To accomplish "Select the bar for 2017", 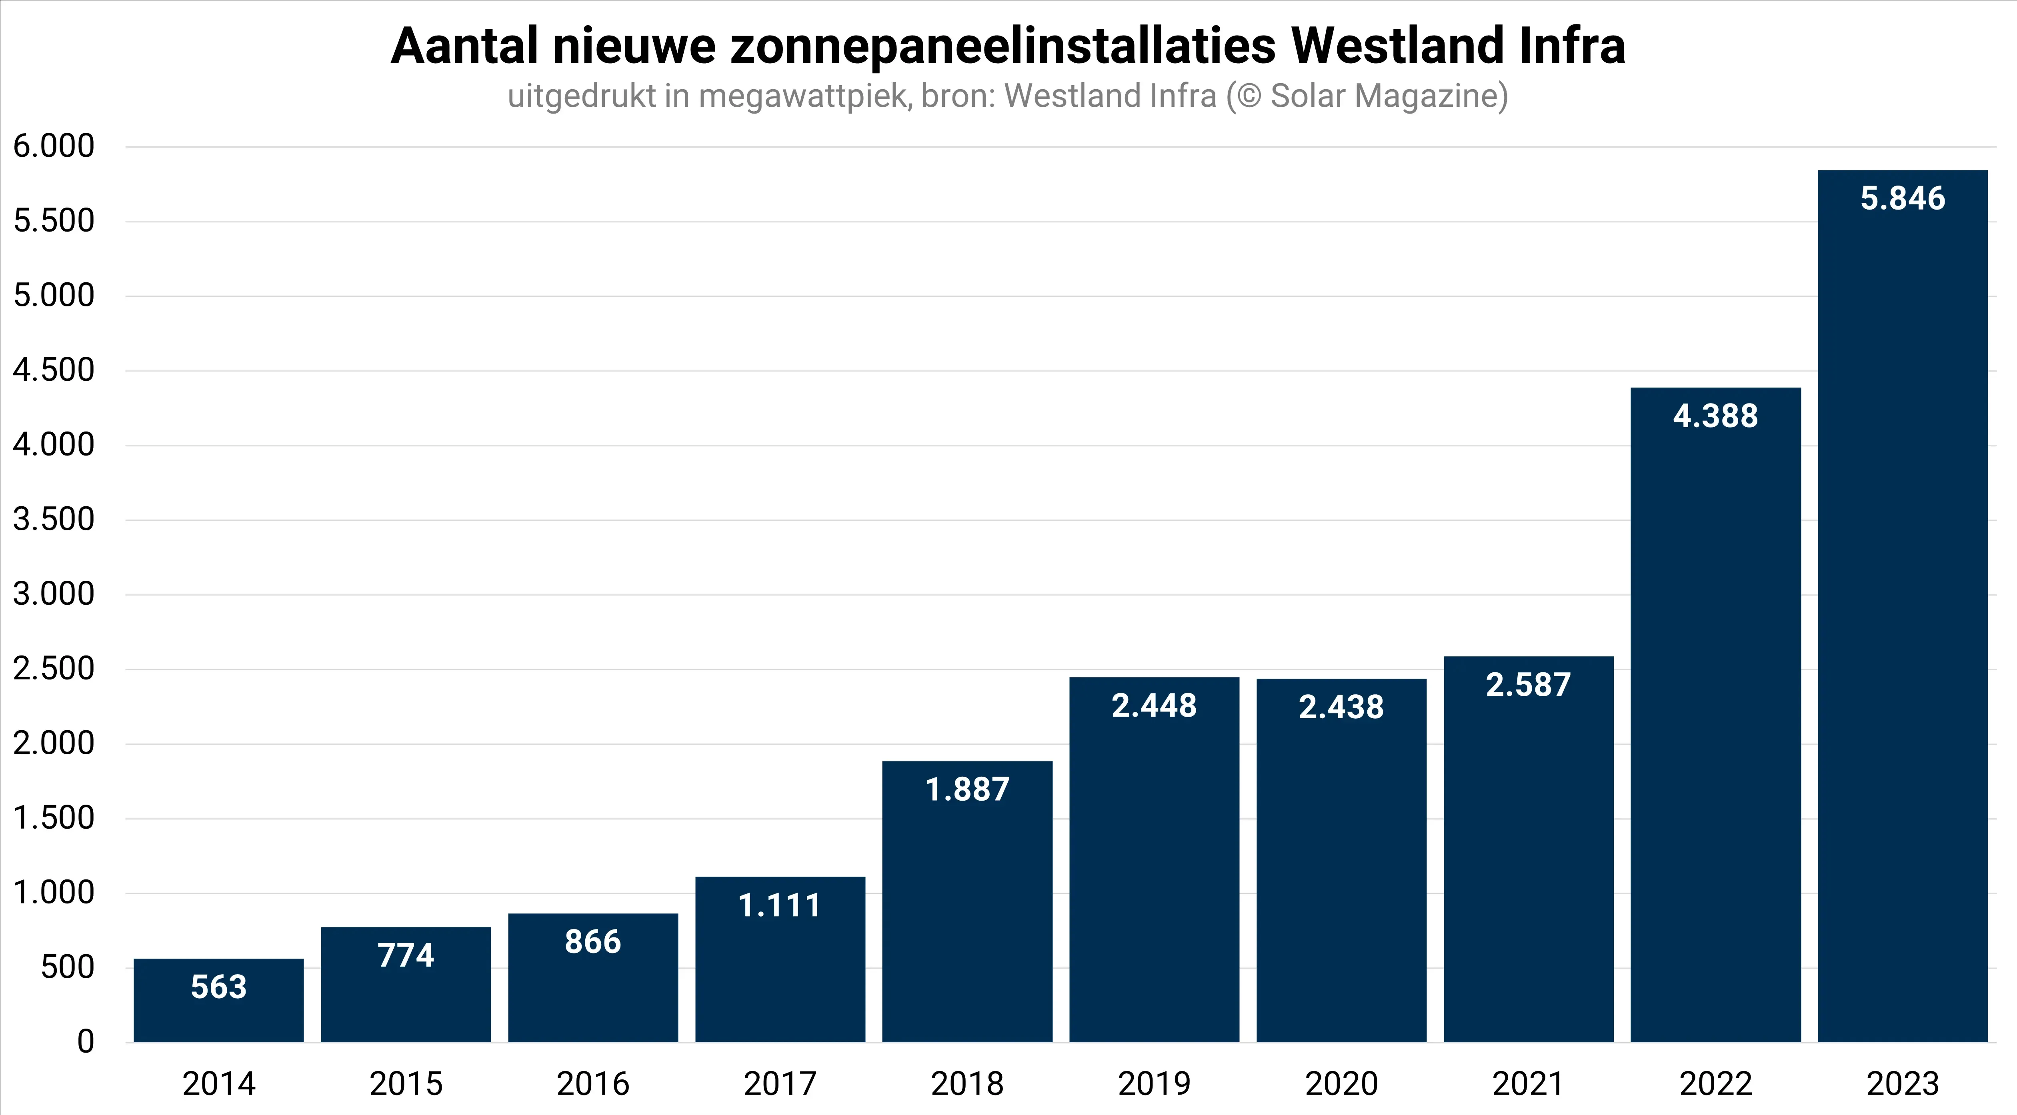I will coord(780,971).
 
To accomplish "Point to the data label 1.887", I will coord(967,790).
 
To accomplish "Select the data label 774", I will coord(406,955).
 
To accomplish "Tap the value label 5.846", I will coord(1903,199).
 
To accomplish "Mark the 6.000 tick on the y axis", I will coord(53,146).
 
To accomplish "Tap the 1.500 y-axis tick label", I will coord(53,818).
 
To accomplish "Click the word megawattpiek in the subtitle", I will coord(805,96).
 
